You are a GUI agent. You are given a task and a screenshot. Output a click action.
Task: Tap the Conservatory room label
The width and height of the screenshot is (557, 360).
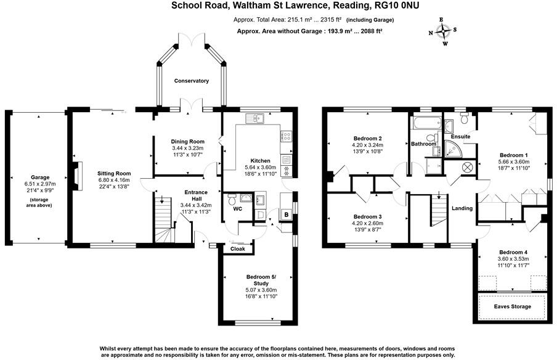(191, 81)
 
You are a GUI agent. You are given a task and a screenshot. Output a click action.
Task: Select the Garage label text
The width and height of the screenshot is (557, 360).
(44, 177)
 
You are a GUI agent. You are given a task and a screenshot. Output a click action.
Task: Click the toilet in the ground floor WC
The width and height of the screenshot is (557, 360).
(232, 199)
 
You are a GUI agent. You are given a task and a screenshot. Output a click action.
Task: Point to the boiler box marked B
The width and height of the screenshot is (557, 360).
(285, 215)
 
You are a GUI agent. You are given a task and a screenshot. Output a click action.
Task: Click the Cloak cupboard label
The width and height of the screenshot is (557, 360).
(237, 249)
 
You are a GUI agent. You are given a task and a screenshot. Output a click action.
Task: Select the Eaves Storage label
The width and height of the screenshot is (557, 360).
(512, 306)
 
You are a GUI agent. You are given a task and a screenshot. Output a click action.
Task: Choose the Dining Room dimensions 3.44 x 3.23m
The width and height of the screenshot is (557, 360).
(187, 149)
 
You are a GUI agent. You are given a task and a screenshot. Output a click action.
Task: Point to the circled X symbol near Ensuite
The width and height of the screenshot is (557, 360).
(466, 166)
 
